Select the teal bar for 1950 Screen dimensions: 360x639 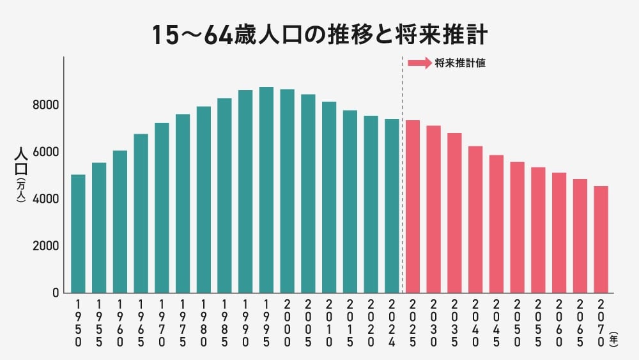[x=78, y=233]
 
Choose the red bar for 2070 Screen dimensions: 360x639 [x=601, y=239]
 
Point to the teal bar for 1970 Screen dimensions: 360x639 [x=162, y=208]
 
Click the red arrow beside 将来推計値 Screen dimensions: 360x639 [x=419, y=63]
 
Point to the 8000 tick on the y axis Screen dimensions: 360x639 [x=47, y=105]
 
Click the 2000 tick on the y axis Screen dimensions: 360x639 [x=47, y=246]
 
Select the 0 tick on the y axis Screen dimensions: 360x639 [x=56, y=293]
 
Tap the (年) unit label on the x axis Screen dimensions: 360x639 [x=613, y=338]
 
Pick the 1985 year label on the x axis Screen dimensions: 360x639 [x=224, y=323]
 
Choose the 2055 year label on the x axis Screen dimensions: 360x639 [x=538, y=323]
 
